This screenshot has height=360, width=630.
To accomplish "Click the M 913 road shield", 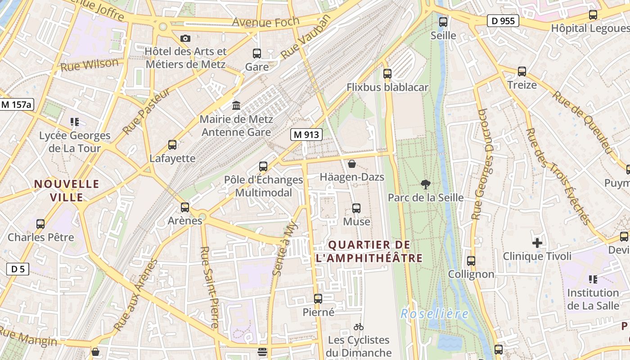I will click(x=306, y=135).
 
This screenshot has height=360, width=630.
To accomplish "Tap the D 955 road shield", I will click(x=503, y=21).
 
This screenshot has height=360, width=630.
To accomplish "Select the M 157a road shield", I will click(x=17, y=105).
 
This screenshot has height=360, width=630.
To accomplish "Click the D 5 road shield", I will click(x=18, y=269).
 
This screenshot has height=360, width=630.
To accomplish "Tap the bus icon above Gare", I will click(x=257, y=54).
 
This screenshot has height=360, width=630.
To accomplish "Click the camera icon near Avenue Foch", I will click(x=185, y=39).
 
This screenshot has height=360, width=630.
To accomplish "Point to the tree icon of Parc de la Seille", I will click(x=425, y=184).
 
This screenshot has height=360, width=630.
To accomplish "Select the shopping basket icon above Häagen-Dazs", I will click(x=352, y=164).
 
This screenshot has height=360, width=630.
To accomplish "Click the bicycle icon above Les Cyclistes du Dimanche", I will click(x=359, y=327).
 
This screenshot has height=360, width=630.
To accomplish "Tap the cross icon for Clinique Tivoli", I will click(x=537, y=243).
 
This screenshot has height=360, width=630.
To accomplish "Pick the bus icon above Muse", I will click(x=356, y=208).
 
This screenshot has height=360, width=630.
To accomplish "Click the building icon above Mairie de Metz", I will click(x=236, y=106).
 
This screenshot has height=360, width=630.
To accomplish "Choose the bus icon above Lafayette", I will click(x=172, y=145).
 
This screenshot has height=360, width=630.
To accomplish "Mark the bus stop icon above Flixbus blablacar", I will click(x=387, y=74).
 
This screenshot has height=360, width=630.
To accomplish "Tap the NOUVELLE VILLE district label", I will click(x=67, y=190).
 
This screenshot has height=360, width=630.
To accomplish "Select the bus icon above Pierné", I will click(x=318, y=299).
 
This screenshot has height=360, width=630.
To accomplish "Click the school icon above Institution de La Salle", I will click(x=593, y=279).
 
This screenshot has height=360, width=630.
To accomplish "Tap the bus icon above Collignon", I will click(x=471, y=261).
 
